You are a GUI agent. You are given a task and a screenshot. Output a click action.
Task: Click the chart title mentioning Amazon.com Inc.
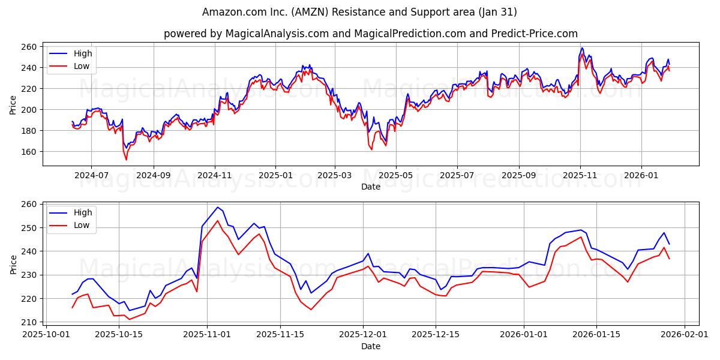[x=359, y=12]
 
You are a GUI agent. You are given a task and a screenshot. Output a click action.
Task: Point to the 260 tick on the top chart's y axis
[x=30, y=47]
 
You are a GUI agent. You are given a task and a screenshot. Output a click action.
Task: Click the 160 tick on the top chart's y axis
[x=30, y=152]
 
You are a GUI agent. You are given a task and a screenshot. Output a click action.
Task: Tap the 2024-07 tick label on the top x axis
[x=91, y=176]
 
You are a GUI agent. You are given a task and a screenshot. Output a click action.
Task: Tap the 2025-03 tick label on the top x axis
[x=334, y=176]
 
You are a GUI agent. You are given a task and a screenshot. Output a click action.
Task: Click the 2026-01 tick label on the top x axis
[x=641, y=176]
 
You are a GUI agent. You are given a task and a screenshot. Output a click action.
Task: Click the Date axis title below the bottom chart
[x=370, y=346]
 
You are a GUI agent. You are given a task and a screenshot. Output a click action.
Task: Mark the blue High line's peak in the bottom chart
[x=217, y=208]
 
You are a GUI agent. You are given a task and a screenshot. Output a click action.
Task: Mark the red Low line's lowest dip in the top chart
[x=126, y=160]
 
